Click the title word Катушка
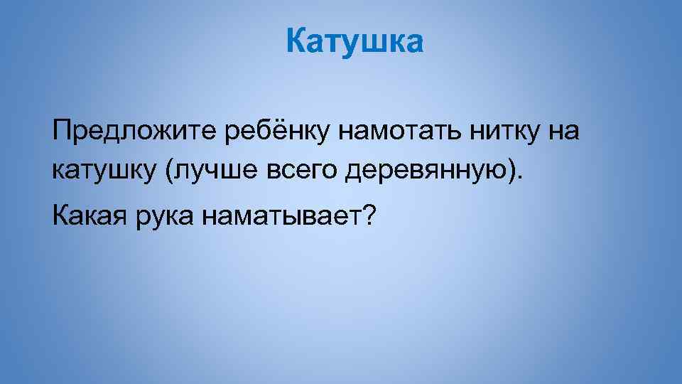(x=354, y=42)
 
